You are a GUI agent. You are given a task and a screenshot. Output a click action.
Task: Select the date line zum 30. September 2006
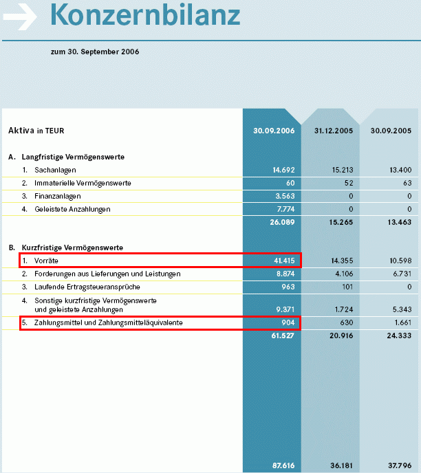coord(95,52)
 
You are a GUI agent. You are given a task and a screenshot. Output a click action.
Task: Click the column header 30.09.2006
coord(274,130)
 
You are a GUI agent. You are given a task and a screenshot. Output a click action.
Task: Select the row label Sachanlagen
coord(55,170)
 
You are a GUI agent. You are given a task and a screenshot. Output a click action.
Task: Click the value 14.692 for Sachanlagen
coord(283,170)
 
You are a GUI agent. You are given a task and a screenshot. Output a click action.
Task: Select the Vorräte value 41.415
coord(283,261)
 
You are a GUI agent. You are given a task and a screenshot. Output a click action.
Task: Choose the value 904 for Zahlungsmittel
coord(288,322)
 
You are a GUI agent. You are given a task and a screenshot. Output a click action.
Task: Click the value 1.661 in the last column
coord(400,322)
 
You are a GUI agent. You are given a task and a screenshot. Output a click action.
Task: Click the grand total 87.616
coord(283,465)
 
